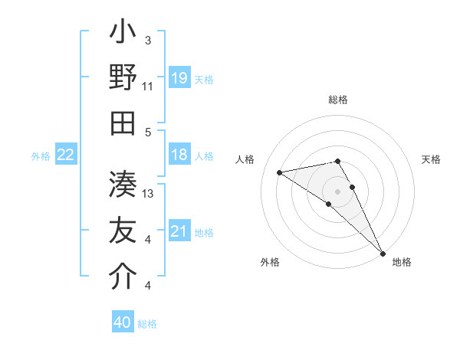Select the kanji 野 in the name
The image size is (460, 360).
123,77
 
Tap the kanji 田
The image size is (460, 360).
123,123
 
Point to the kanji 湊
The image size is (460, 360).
123,184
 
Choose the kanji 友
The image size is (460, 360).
123,230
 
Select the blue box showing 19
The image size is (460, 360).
179,77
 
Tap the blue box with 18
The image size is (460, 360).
179,155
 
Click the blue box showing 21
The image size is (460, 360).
179,232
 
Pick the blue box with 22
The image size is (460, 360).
66,155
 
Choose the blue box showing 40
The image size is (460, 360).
123,323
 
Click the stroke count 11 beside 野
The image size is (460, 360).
147,86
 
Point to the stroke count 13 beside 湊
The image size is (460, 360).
149,193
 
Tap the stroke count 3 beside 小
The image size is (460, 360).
147,40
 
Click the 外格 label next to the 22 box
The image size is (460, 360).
41,156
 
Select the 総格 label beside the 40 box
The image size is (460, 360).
147,324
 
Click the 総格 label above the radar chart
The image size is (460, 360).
338,100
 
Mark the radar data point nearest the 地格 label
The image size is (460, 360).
382,252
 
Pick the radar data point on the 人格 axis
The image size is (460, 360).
280,172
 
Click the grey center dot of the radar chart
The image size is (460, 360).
338,191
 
